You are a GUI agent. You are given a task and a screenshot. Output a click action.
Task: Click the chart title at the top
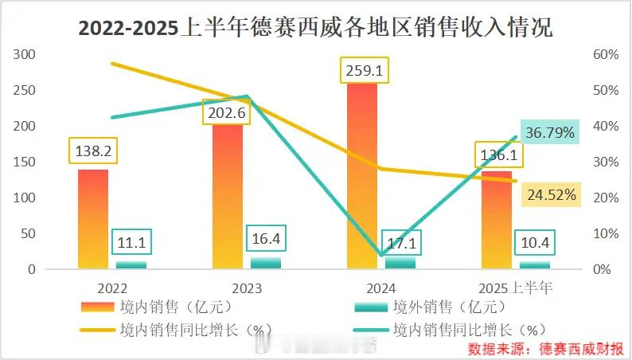click(315, 28)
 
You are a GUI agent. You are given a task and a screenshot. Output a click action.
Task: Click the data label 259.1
click(365, 70)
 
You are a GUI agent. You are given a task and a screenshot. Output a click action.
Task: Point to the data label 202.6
click(227, 113)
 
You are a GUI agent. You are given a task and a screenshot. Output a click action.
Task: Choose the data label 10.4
click(535, 242)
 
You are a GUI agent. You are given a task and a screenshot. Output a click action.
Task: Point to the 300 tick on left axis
click(25, 54)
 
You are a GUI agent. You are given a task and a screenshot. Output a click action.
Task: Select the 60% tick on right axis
click(607, 54)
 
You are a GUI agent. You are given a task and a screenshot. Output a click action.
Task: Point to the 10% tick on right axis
click(607, 233)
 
